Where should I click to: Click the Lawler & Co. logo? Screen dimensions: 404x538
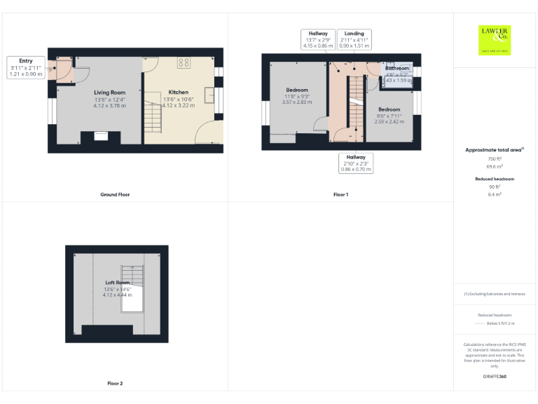click(x=495, y=39)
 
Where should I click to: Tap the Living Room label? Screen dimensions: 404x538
click(x=110, y=93)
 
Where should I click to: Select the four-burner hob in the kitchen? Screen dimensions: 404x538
click(x=184, y=62)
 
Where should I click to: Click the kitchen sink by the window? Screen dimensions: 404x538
click(x=209, y=95)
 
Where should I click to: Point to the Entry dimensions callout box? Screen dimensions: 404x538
click(x=26, y=67)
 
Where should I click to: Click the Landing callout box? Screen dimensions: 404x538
click(x=354, y=39)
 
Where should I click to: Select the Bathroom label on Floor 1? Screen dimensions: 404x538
click(x=397, y=68)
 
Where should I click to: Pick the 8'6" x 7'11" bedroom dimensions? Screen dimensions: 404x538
click(x=389, y=116)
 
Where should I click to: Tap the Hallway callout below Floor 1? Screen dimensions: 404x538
click(x=355, y=163)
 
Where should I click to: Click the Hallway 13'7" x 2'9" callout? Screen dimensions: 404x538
click(x=318, y=39)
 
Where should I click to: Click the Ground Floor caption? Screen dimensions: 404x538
click(x=114, y=194)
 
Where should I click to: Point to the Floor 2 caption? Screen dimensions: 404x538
click(x=114, y=384)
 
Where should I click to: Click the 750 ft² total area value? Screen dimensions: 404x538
click(x=495, y=159)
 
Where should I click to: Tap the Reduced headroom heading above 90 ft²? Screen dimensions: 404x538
click(x=495, y=179)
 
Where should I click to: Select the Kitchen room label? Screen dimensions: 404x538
click(x=178, y=93)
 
